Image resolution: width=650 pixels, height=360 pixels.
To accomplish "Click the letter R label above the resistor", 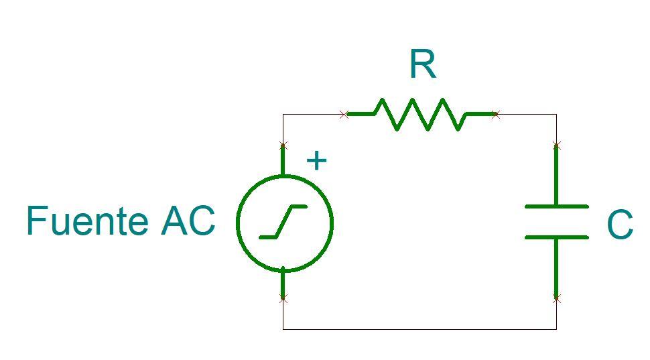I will point(422,65).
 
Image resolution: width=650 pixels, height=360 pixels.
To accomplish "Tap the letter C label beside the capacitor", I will point(619,225).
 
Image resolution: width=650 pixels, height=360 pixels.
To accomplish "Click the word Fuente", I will point(88,221).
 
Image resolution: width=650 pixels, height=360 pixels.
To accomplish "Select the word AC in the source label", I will point(188,221).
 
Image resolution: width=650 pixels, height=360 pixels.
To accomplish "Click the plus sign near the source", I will point(316,161).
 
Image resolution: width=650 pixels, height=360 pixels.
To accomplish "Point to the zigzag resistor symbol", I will point(419,115).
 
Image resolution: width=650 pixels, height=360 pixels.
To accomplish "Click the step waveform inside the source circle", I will point(283,222).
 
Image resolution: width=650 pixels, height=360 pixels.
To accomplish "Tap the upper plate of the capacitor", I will point(556,206).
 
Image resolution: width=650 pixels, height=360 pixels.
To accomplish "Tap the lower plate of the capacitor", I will point(556,237).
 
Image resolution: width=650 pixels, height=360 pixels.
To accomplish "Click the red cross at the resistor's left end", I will point(344,115).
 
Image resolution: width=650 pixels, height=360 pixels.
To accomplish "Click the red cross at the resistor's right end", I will point(496,115).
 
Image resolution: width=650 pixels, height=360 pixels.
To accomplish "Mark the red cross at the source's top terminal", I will point(283,145).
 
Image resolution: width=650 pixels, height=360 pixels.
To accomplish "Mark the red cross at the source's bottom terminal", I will point(283,298).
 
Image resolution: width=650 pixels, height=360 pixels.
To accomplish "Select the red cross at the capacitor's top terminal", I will point(556,145).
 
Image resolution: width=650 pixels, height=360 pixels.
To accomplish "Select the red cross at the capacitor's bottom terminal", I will point(556,298).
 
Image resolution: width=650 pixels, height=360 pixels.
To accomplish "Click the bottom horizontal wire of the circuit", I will point(419,328).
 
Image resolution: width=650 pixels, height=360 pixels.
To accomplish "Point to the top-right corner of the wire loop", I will point(556,115).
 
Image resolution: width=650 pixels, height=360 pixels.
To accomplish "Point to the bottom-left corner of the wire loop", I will point(283,328).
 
